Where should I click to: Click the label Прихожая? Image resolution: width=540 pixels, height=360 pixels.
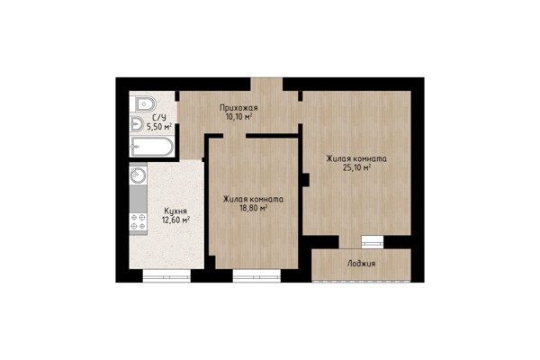click(238, 108)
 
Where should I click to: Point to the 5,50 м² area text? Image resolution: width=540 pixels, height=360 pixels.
click(159, 126)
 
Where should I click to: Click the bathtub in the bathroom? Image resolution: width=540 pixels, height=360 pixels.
click(151, 147)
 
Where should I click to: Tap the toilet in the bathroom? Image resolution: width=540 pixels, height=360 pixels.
click(143, 103)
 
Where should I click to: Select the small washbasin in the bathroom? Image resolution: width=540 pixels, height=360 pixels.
click(137, 124)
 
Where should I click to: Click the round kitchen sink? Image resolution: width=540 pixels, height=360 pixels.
click(138, 175)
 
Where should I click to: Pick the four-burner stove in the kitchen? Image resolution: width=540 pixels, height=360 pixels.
click(138, 221)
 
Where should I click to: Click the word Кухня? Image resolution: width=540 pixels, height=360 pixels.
click(175, 211)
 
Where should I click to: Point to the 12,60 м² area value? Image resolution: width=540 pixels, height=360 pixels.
click(176, 220)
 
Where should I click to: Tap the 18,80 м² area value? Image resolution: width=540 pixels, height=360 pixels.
click(254, 208)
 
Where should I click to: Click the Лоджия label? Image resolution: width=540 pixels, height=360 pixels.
click(361, 264)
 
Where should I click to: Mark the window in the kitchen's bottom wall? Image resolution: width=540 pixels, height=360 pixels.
click(166, 275)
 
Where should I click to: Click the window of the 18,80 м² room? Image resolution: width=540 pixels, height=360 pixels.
click(256, 275)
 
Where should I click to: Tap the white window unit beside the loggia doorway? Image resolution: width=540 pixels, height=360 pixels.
click(373, 242)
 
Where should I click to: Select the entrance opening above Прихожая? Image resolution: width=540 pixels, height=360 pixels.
click(266, 85)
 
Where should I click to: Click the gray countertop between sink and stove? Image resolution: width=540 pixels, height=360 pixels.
click(138, 199)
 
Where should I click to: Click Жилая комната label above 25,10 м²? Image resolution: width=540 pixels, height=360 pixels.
click(356, 158)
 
